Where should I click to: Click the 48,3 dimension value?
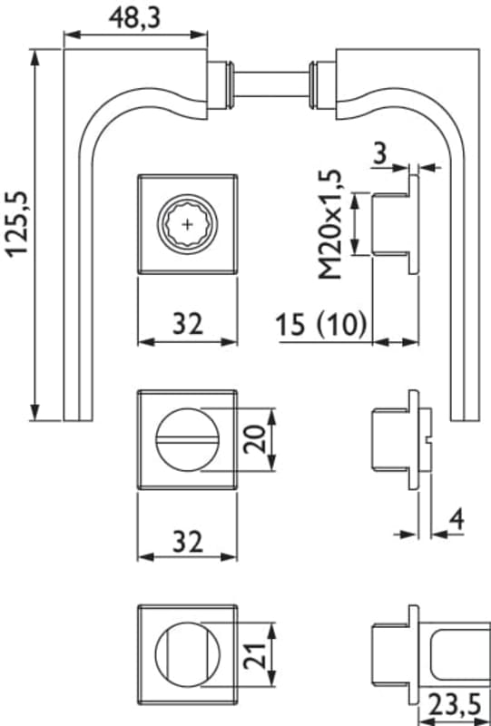(x=134, y=18)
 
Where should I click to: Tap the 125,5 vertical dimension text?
(x=18, y=224)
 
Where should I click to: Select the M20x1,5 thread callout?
(x=329, y=224)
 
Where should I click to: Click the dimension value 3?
(x=380, y=153)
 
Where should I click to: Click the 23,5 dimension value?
(x=454, y=706)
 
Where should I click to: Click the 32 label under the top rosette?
(x=188, y=324)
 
